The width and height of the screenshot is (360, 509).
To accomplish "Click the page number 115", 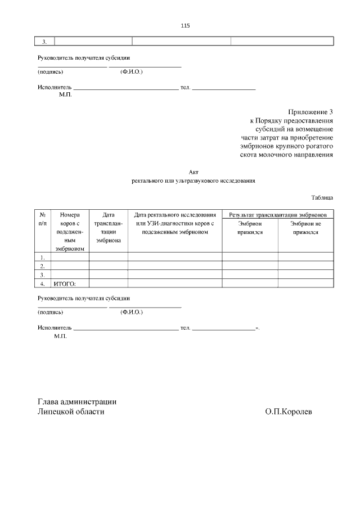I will tap(186, 26).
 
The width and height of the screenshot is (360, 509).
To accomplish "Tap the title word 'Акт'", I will tap(194, 172).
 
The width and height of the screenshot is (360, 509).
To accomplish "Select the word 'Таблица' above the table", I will tap(322, 197).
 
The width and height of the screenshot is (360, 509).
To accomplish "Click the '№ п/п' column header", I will tap(43, 219).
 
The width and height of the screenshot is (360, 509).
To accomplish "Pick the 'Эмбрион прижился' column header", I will tap(250, 227).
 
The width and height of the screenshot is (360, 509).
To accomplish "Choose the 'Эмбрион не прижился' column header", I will tap(305, 227).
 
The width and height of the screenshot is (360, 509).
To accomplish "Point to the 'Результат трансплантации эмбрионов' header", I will tap(277, 215).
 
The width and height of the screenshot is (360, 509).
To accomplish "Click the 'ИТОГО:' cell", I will tap(64, 283).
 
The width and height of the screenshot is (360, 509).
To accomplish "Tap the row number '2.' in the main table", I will tap(43, 265).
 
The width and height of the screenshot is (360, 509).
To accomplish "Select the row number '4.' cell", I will tap(43, 283).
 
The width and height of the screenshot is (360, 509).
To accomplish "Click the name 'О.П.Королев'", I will tap(289, 412).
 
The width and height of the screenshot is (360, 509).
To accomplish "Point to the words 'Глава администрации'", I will tap(77, 402).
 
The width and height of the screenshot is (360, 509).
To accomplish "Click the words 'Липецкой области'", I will tap(71, 412).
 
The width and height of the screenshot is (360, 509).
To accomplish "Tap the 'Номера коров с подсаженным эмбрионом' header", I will tap(70, 231).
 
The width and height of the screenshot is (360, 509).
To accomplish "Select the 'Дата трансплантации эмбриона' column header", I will tap(108, 227).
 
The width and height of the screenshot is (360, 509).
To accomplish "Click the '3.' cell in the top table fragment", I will tap(44, 41).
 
